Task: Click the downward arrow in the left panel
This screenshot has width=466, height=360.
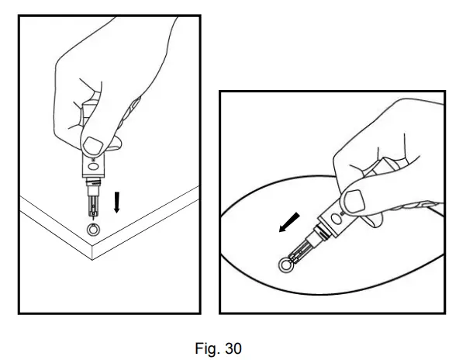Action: pos(117,202)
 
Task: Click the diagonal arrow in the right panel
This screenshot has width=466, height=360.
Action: pos(289,223)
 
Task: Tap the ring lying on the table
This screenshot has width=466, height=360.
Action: pos(94,230)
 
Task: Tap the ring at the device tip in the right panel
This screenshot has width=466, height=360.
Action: pos(285,265)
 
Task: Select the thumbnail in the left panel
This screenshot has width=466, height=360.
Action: pos(93,145)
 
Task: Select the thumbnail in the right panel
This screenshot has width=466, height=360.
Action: pos(354,201)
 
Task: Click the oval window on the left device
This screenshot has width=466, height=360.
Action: pos(93,166)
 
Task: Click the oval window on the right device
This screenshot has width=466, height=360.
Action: pos(337,220)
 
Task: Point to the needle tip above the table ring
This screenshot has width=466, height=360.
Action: pos(94,221)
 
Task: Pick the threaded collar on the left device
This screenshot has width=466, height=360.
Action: pos(93,182)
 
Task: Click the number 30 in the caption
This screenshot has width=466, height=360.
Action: pos(233,348)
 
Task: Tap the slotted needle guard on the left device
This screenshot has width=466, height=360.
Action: pos(93,206)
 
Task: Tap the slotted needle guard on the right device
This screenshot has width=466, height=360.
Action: pos(300,251)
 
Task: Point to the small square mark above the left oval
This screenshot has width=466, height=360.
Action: pos(93,160)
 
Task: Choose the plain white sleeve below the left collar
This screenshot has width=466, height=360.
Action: pos(93,191)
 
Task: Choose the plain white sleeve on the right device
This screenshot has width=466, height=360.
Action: pos(312,239)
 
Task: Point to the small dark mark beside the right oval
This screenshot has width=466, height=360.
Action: pos(343,213)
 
